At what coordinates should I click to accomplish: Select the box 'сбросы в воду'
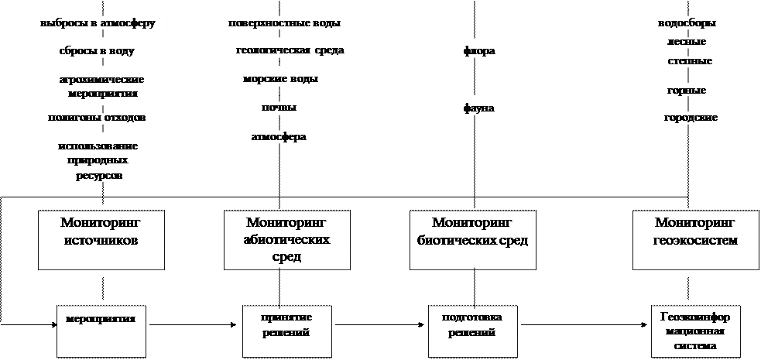98,52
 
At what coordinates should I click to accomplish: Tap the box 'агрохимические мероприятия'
102,85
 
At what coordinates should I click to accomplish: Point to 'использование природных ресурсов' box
98,161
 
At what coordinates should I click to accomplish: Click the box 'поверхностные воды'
284,23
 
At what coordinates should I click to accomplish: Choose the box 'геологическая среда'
290,51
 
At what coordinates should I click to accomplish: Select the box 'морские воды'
280,79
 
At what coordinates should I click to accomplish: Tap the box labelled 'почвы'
279,108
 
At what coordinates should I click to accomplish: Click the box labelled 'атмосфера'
278,138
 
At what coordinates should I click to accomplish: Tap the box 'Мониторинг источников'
101,239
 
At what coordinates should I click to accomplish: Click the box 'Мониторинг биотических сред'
472,239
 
